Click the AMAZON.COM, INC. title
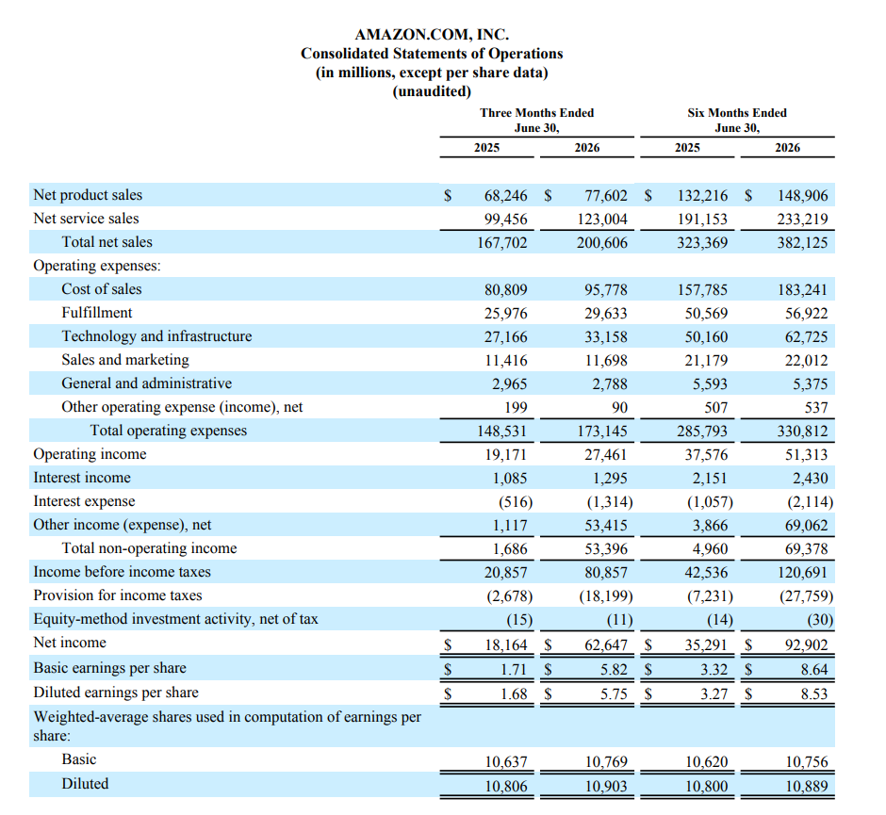pos(432,35)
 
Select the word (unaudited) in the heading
pos(432,91)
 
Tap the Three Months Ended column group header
pos(537,112)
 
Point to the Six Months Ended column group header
pos(737,112)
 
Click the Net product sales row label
pos(88,195)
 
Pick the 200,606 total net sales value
pos(601,243)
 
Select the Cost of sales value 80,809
pos(505,290)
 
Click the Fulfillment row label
pos(97,313)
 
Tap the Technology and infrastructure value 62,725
pos(806,337)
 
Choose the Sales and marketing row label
pos(124,360)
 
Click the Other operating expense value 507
pos(716,408)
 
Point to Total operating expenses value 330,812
pos(802,432)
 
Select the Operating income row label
pos(90,454)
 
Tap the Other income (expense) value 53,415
pos(606,525)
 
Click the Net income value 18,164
pos(506,644)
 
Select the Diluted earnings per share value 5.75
pos(614,693)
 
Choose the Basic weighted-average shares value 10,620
pos(706,762)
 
